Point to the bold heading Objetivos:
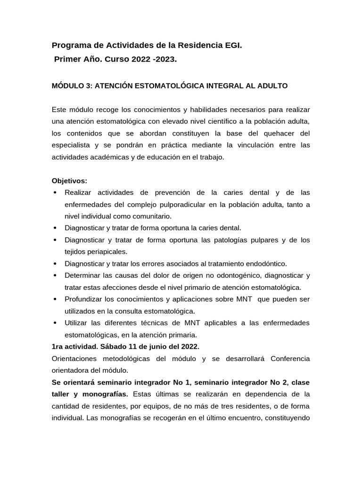(x=69, y=181)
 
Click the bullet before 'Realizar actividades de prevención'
(x=55, y=193)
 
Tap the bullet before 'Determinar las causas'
(x=55, y=275)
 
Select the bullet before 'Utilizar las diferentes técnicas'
(x=55, y=323)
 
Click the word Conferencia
(x=290, y=359)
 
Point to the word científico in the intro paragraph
(x=207, y=121)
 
